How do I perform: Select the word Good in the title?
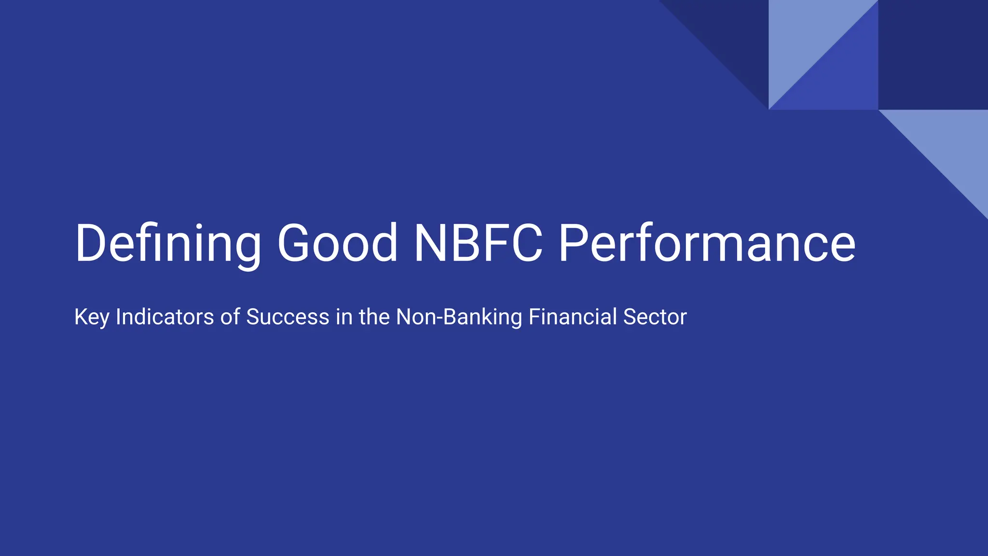338,243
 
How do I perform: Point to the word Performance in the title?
707,243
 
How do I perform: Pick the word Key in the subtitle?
91,317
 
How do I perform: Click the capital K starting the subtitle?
81,317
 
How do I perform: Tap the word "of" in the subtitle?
230,317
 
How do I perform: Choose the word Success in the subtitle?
288,317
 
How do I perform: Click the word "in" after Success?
344,317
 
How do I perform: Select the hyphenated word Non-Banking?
459,317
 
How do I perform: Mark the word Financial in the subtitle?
572,317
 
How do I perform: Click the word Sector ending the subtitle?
655,317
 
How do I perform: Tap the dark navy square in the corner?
933,55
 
